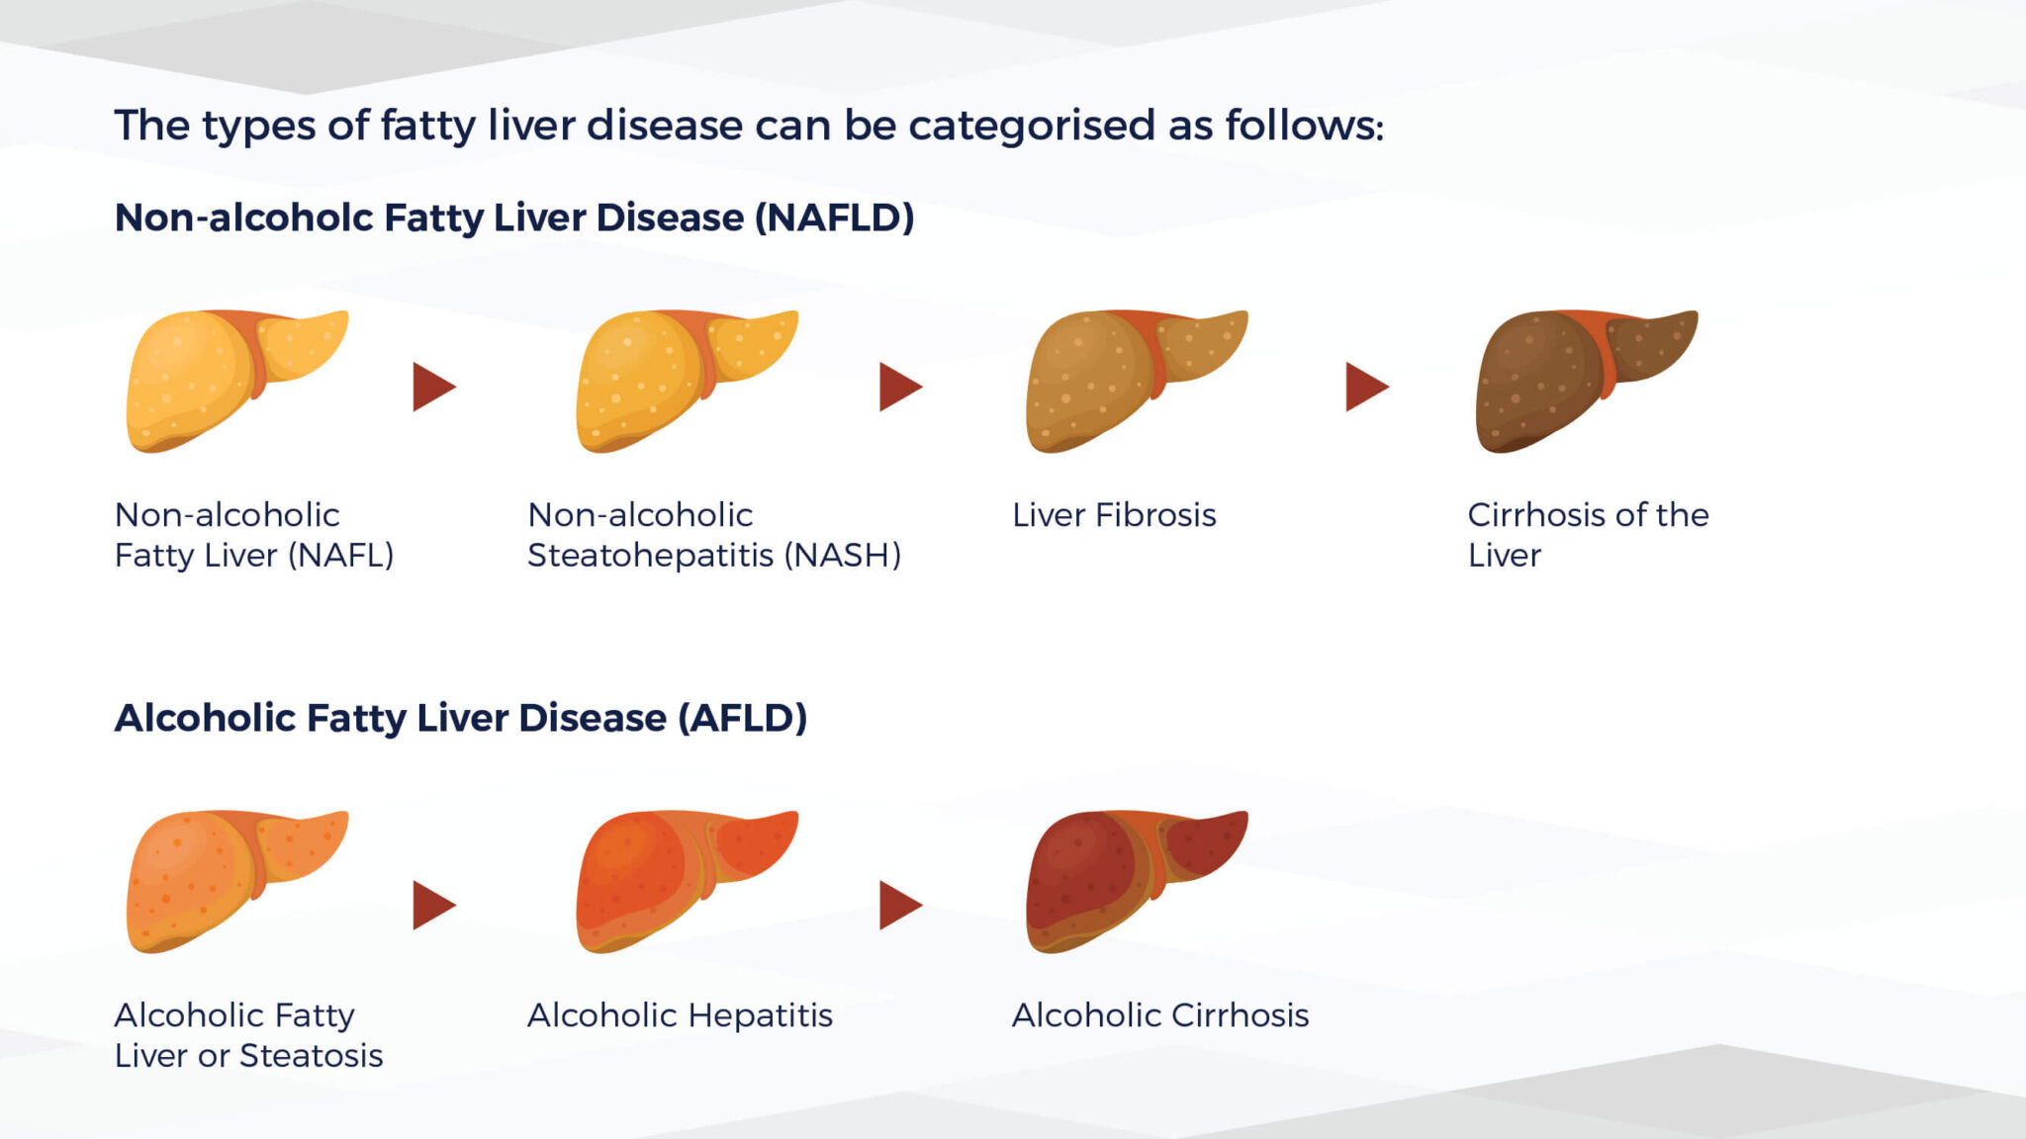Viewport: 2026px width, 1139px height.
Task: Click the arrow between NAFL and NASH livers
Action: tap(433, 387)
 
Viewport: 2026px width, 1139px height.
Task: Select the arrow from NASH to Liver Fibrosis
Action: tap(900, 387)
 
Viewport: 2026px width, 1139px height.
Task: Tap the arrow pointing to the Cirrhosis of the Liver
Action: tap(1367, 387)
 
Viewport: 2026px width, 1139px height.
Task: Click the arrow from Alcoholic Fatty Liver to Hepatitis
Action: tap(433, 906)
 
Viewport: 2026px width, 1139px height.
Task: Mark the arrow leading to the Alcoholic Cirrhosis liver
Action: tap(900, 906)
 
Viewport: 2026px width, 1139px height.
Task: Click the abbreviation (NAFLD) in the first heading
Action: tap(834, 218)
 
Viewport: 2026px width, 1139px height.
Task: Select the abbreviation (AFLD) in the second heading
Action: tap(742, 718)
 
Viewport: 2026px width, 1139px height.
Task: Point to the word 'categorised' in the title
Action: tap(1032, 127)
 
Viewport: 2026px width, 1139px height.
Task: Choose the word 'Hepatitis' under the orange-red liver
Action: tap(760, 1016)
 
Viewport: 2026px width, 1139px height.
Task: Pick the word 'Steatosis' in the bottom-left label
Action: tap(311, 1056)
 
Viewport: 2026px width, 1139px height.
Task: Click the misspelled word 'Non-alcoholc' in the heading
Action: tap(244, 218)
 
